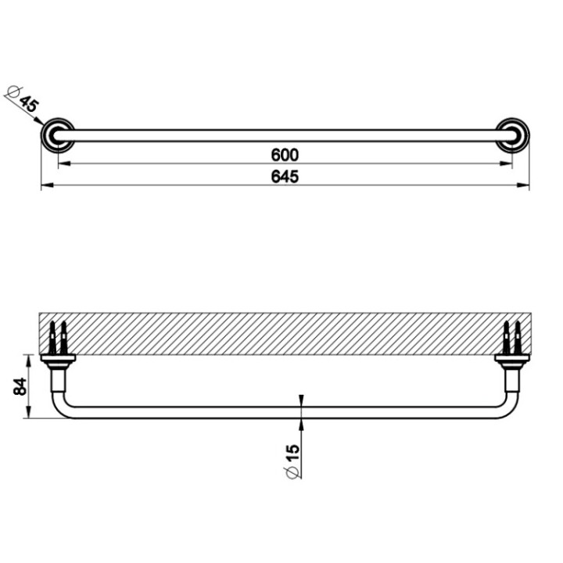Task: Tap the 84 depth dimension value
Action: [21, 385]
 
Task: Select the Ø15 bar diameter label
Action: [292, 461]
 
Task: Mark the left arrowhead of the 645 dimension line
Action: [45, 186]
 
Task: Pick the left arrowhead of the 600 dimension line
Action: [63, 163]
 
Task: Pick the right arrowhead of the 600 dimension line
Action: [507, 163]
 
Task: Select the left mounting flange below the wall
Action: [57, 360]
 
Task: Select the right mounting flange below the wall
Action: [511, 360]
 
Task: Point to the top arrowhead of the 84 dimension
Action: [30, 359]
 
